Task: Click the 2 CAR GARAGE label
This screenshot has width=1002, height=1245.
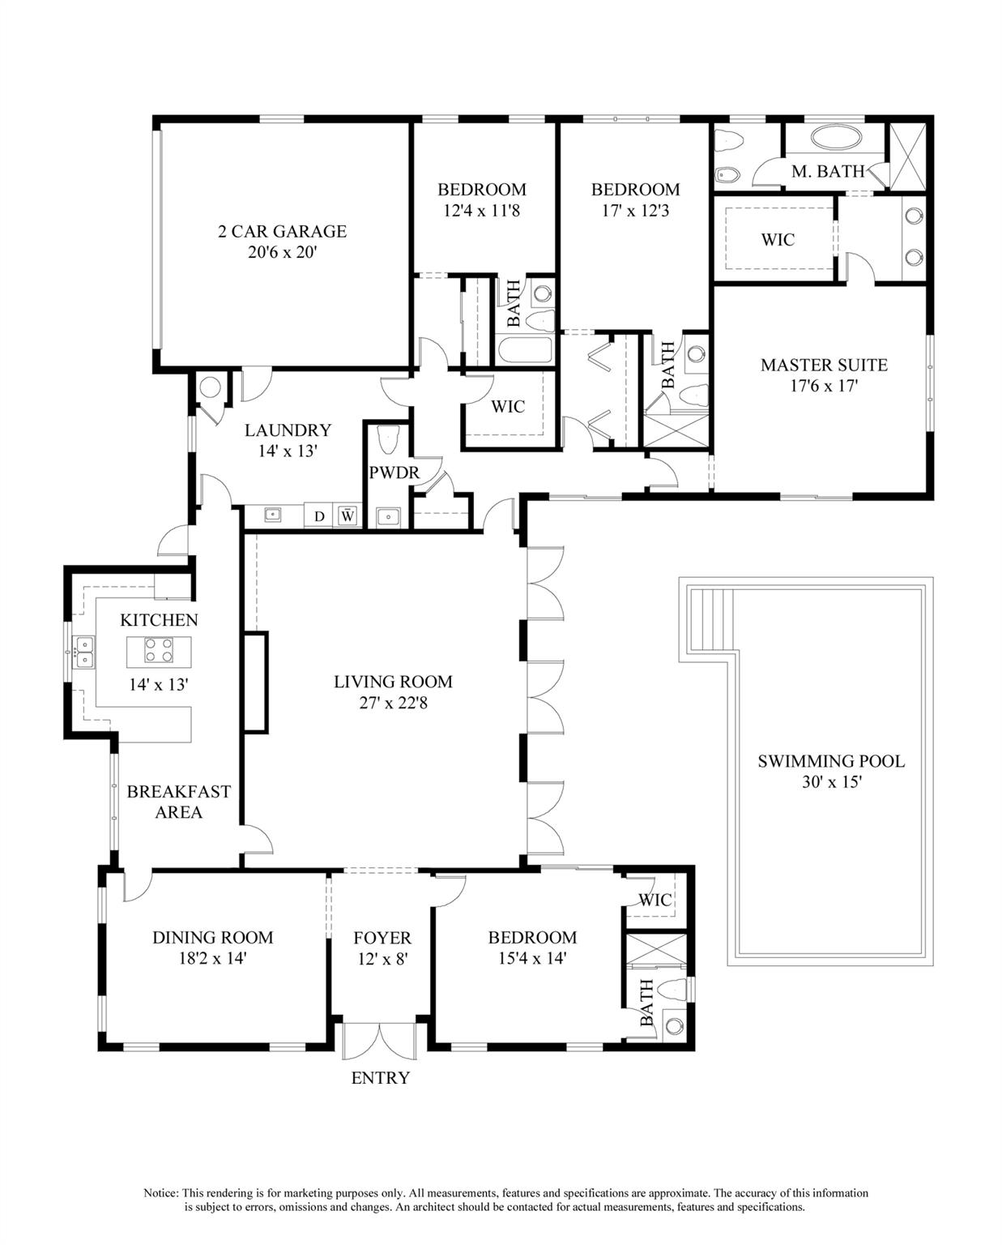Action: coord(282,232)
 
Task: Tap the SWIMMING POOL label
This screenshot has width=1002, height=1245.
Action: coord(831,761)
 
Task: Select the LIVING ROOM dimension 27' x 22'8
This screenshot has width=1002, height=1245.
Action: coord(394,703)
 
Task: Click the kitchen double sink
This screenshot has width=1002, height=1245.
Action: coord(83,651)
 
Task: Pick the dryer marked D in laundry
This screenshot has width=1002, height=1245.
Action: coord(319,516)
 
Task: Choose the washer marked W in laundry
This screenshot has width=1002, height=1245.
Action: coord(348,516)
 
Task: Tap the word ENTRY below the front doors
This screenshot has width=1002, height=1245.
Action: coord(380,1078)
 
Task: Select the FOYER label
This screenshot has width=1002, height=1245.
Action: coord(382,938)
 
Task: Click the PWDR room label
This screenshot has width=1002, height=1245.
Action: coord(394,473)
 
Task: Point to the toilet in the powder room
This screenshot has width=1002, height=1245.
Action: coord(388,439)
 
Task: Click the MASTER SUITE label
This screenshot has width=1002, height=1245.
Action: coord(824,366)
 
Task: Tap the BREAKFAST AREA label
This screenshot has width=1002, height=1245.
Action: coord(178,802)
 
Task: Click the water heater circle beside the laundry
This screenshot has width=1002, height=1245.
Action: coord(209,387)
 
